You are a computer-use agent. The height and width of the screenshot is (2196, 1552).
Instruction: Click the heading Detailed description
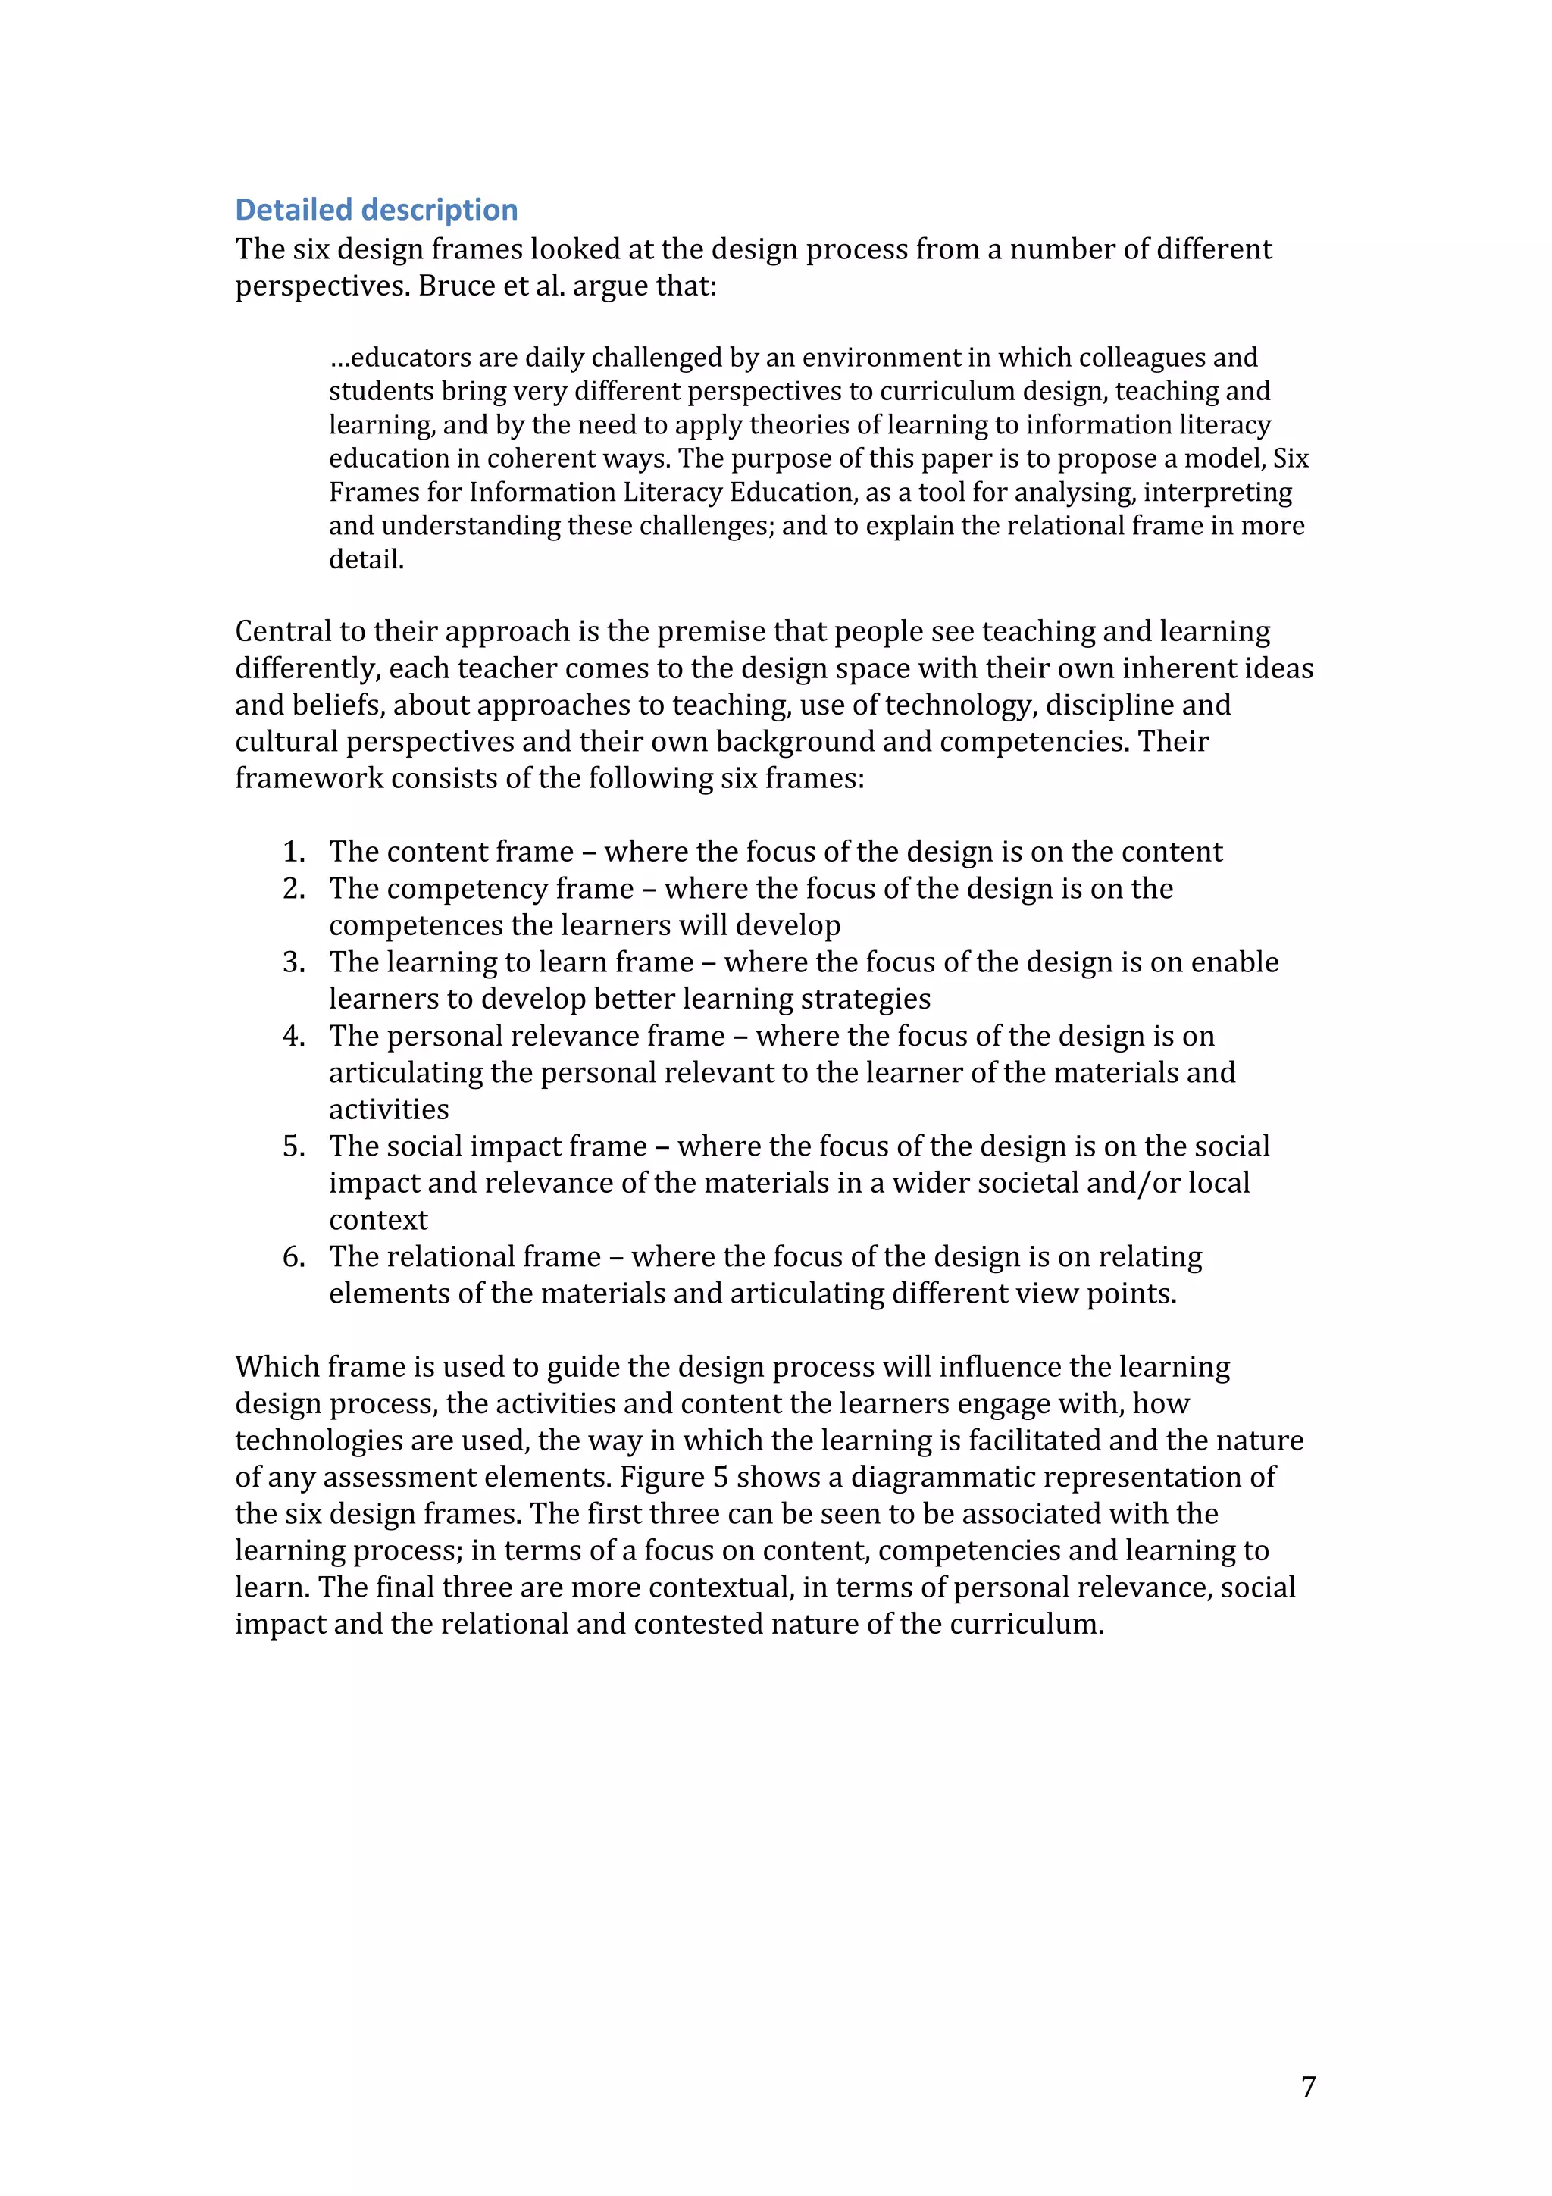coord(376,209)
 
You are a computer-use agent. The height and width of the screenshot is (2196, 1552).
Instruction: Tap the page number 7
coord(1308,2086)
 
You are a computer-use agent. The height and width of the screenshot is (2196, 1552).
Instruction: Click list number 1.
coord(293,851)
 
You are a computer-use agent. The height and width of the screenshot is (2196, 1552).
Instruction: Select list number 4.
coord(293,1036)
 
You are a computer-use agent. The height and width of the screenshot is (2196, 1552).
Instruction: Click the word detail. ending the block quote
coord(366,559)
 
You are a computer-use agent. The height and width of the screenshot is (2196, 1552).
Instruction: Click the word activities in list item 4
coord(388,1109)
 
